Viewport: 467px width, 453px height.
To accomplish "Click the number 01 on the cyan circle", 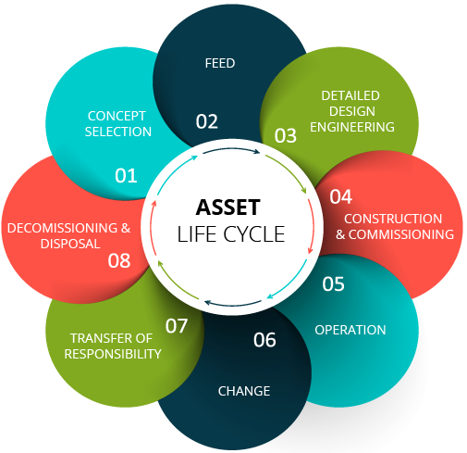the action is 126,176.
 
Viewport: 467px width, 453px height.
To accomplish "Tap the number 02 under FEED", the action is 206,121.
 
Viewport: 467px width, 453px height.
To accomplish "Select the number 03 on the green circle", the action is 286,135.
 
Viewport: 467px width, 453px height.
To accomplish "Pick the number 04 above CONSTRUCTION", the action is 340,196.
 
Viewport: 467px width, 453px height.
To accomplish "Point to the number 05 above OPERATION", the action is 333,283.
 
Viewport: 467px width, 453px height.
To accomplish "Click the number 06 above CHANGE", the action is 264,340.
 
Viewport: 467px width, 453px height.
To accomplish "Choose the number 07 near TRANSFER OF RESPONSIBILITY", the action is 177,326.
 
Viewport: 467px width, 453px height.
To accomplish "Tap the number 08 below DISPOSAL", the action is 119,260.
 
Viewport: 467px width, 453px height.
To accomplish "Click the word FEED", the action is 220,63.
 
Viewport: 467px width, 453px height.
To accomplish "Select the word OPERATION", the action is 350,330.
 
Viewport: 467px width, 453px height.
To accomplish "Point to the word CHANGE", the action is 244,391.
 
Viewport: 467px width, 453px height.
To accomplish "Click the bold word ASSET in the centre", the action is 228,207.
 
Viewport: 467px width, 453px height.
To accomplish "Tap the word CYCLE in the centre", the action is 253,234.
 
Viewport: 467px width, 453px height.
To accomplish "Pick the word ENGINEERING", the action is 352,127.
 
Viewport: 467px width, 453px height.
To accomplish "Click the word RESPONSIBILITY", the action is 113,354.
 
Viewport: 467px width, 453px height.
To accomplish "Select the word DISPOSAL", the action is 70,244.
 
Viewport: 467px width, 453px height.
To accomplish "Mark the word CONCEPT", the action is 117,116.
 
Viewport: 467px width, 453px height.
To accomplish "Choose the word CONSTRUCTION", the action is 393,219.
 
